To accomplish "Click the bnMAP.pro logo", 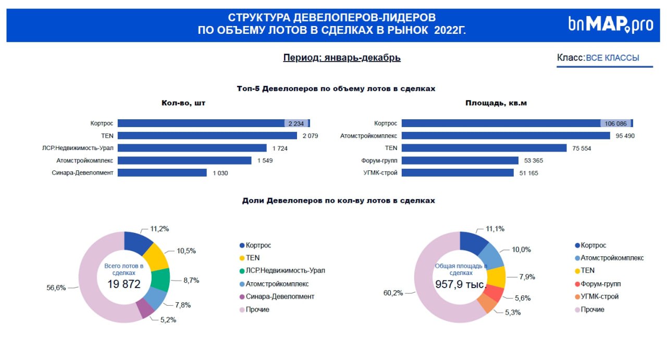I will pyautogui.click(x=610, y=24).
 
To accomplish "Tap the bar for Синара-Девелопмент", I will pyautogui.click(x=162, y=172).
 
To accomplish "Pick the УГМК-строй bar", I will pyautogui.click(x=458, y=172).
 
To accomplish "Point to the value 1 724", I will pyautogui.click(x=279, y=148).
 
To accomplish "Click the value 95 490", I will pyautogui.click(x=625, y=136).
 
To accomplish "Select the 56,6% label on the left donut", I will pyautogui.click(x=56, y=287).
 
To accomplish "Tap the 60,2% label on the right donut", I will pyautogui.click(x=393, y=293).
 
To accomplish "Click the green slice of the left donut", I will pyautogui.click(x=160, y=280).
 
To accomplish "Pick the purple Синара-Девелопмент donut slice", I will pyautogui.click(x=144, y=308).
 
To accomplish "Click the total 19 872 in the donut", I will pyautogui.click(x=123, y=284).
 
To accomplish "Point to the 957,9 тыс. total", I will pyautogui.click(x=461, y=284).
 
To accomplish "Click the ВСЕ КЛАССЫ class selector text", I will pyautogui.click(x=612, y=58).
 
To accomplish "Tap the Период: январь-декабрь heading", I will pyautogui.click(x=342, y=58).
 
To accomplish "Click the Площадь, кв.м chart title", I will pyautogui.click(x=496, y=103).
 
